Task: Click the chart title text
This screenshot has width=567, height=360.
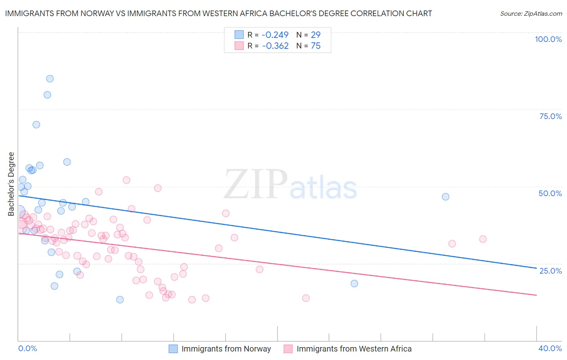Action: [x=218, y=13]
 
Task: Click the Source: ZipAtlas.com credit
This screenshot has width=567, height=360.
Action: [x=531, y=13]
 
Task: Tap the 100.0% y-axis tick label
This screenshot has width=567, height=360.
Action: [x=548, y=39]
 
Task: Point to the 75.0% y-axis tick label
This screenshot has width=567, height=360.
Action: [x=550, y=116]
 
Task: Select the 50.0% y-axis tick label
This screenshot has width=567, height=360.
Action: [x=550, y=193]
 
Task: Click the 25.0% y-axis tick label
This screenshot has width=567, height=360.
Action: [x=550, y=270]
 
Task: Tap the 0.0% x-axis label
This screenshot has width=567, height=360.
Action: [x=27, y=348]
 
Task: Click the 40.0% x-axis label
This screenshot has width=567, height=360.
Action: [x=550, y=348]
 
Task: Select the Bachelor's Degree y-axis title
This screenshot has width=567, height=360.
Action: [x=11, y=184]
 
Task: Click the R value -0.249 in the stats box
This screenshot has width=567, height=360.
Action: [x=275, y=35]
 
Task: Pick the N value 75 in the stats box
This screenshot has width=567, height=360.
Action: [x=316, y=46]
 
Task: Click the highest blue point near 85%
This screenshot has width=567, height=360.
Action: [x=50, y=79]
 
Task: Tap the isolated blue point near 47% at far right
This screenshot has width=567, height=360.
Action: [x=445, y=197]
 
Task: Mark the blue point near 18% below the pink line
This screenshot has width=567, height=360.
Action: [x=354, y=283]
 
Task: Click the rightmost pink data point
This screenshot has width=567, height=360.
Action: [x=483, y=239]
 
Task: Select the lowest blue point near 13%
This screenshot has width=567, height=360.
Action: [x=120, y=299]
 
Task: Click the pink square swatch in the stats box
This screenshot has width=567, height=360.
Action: [x=239, y=46]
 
